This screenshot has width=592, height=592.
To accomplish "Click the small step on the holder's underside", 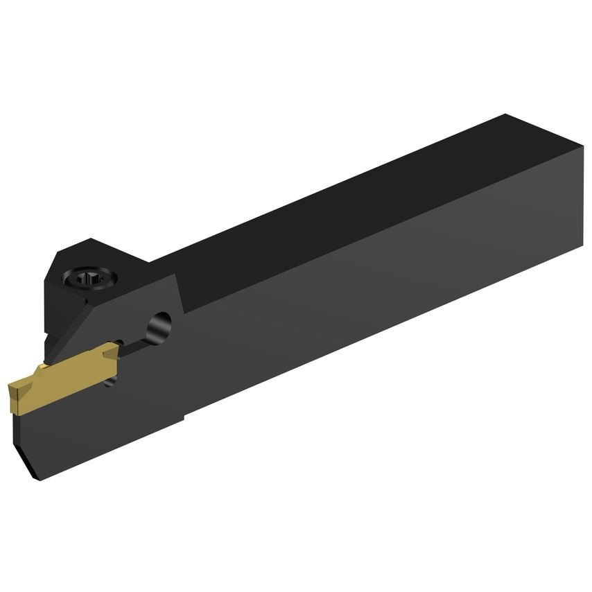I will coord(183,417).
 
